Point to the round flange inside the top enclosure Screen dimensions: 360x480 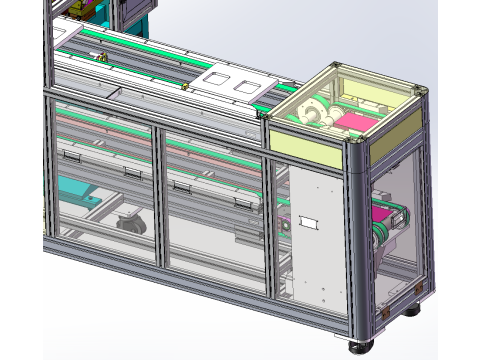[x=311, y=110]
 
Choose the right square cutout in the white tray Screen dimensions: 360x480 [x=243, y=85]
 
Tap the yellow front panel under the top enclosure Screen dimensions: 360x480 [x=307, y=147]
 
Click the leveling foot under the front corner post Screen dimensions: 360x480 [x=357, y=347]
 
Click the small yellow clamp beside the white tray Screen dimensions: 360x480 [x=186, y=86]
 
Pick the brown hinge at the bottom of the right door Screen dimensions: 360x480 [x=384, y=310]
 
